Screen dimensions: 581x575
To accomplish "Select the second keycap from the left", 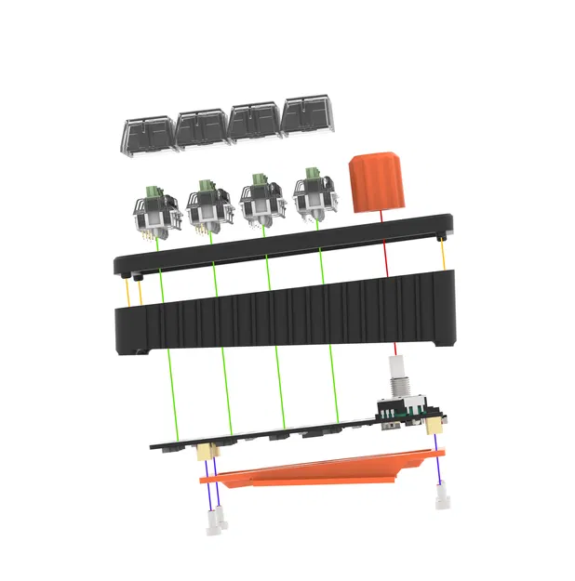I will click(x=201, y=128).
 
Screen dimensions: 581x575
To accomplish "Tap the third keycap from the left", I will click(x=254, y=123).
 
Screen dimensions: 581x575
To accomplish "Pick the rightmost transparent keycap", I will click(x=308, y=117).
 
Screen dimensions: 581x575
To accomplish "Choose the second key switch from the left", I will click(x=208, y=206).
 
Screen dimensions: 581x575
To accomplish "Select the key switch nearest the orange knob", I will click(x=314, y=194).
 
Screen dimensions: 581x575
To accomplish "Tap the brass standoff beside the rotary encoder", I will click(x=433, y=424).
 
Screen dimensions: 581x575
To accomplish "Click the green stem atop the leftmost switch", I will click(x=149, y=193).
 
